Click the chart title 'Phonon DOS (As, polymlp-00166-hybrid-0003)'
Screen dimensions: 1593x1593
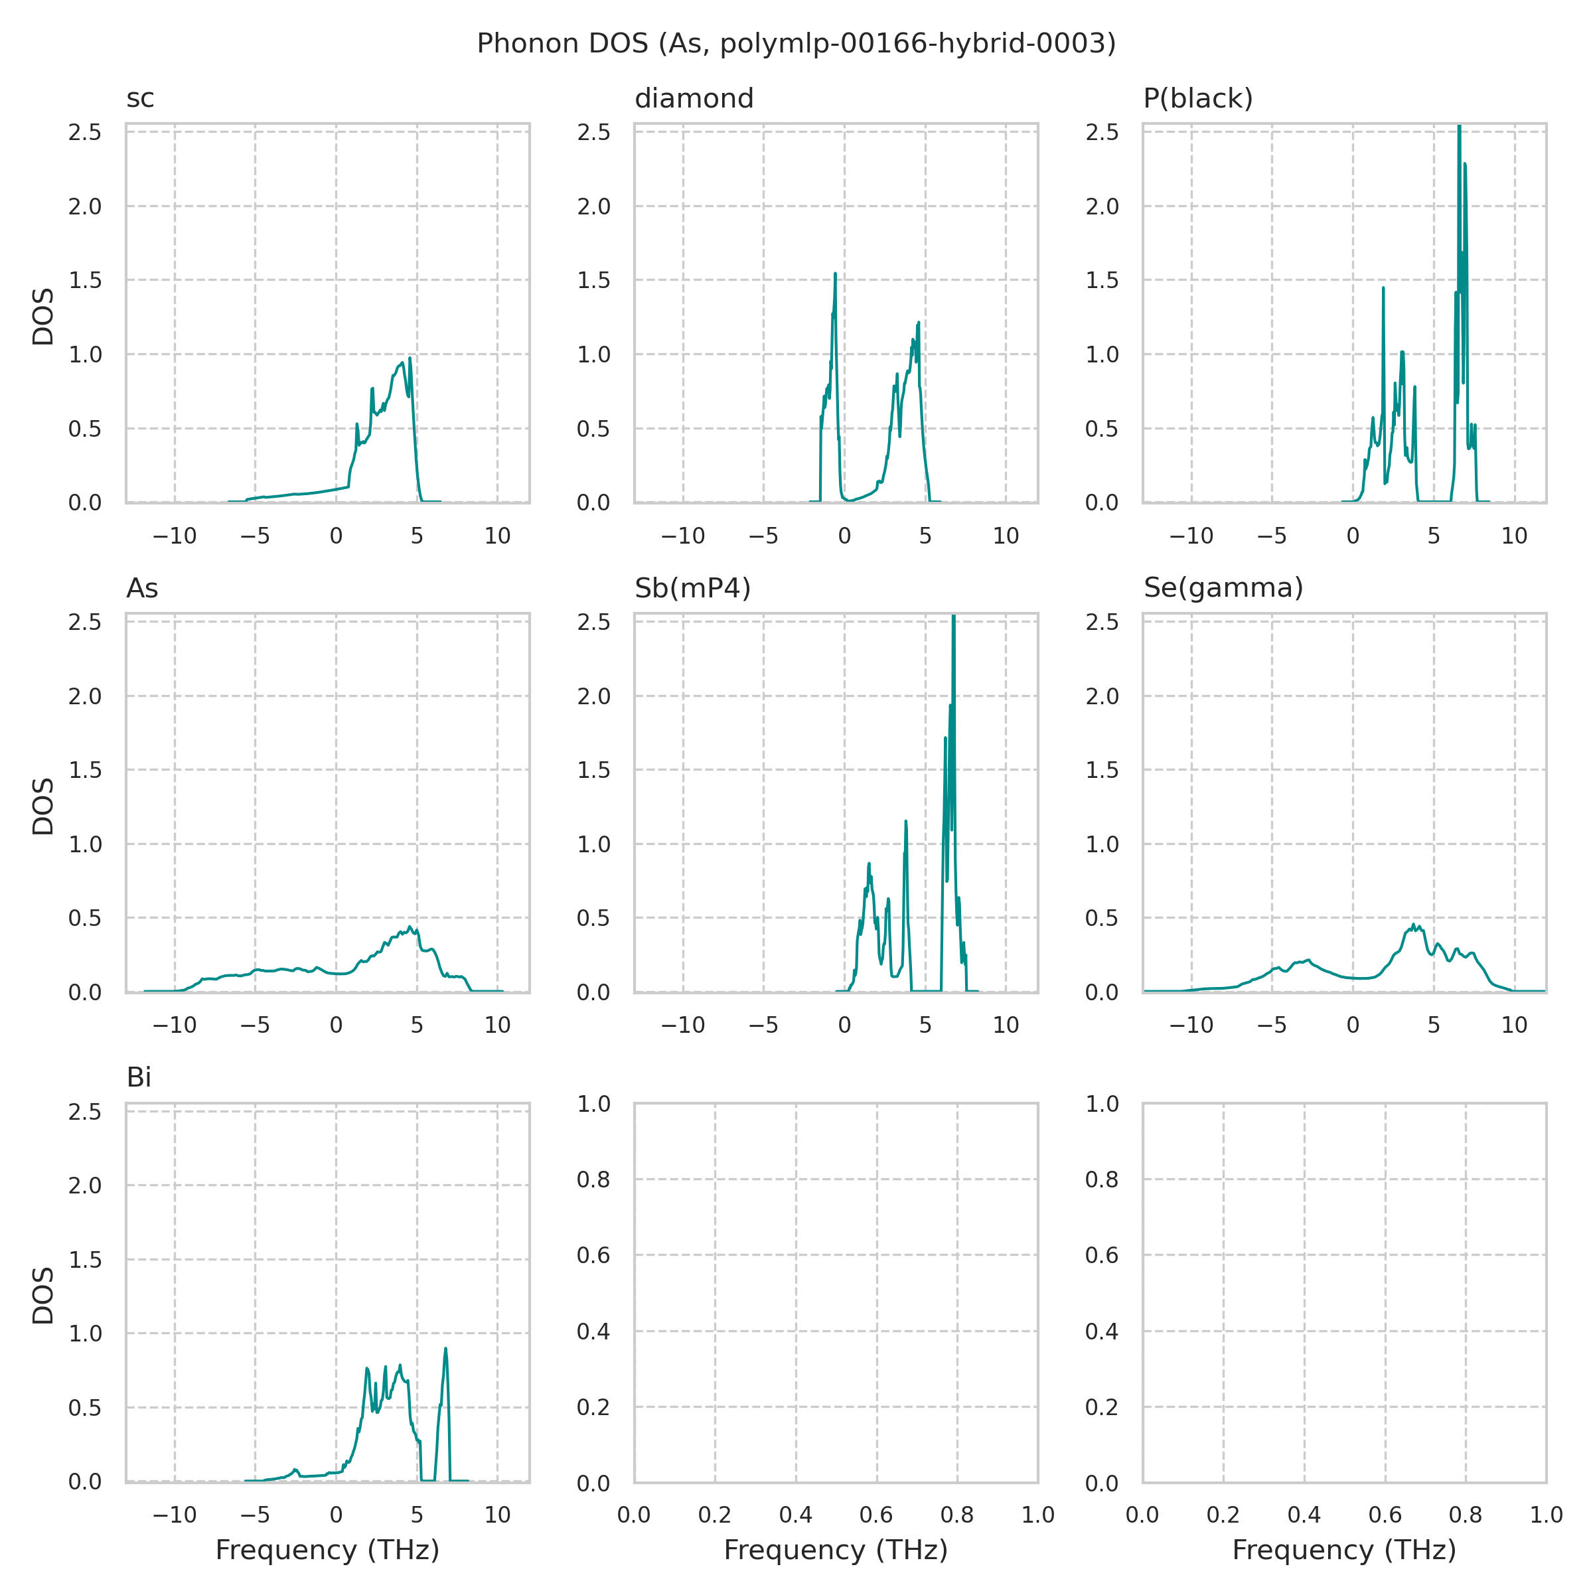[796, 44]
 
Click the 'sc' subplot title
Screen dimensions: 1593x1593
[140, 99]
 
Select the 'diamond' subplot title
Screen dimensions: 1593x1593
[694, 99]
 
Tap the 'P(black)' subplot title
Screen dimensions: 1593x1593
[1197, 99]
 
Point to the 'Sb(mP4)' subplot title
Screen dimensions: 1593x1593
[692, 589]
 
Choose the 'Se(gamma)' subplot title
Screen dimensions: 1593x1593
[1223, 588]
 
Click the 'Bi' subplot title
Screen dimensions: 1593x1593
[139, 1079]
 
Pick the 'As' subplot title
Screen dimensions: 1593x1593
[142, 589]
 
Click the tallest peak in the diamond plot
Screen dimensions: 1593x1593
[835, 275]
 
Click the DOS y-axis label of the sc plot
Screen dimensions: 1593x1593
[43, 317]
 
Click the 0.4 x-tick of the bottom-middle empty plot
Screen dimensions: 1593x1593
[796, 1515]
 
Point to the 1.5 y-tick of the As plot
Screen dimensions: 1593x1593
[85, 770]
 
